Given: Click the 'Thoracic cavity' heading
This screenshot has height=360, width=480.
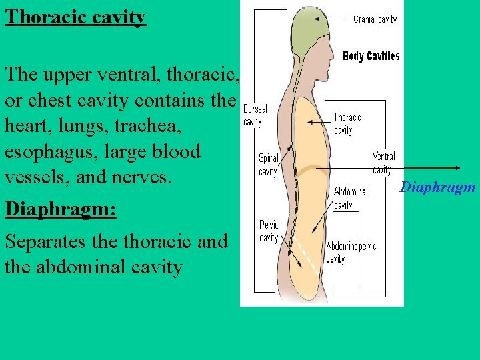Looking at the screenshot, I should pos(75,16).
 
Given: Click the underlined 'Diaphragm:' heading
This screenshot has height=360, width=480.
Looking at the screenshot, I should pos(61,209).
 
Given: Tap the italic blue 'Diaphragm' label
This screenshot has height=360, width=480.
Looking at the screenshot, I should pos(437,187).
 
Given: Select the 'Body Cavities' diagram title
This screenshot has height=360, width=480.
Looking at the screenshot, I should pos(371,57).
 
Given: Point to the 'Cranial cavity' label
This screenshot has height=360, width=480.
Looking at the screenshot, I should pos(375,19).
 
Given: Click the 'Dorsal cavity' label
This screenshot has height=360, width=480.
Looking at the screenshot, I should pos(255,115).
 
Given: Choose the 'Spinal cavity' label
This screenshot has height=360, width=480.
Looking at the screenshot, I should pos(269,165).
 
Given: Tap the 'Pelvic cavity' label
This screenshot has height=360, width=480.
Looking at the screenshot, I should pos(269,231).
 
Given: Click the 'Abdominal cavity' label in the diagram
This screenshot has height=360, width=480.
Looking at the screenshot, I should pos(350,198).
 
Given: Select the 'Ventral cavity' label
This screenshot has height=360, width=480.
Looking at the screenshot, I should pos(383,163).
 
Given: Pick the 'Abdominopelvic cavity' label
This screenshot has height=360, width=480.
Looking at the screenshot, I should pos(351,253).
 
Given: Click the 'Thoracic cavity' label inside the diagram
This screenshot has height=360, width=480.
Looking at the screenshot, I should pos(347,123).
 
